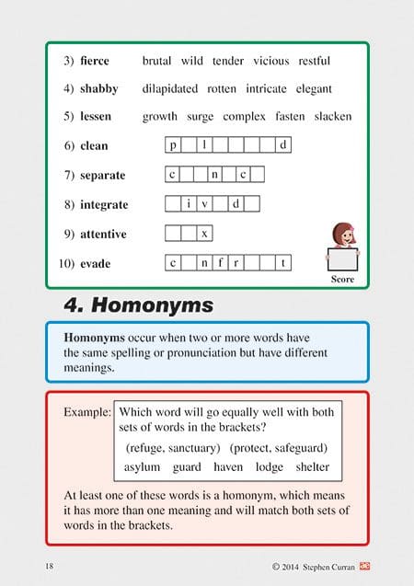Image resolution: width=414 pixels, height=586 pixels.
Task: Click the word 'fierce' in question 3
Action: coord(95,62)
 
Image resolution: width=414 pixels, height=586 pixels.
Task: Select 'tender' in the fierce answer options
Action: coord(228,62)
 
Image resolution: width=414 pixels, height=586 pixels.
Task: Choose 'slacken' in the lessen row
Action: coord(333,117)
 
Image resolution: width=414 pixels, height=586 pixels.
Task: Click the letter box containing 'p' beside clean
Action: coord(174,145)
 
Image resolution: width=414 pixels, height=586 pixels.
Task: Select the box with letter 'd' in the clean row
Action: coord(283,145)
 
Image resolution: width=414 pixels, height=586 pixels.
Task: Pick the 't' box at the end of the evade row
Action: coord(283,264)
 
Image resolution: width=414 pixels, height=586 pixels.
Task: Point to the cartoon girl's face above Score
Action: coord(341,235)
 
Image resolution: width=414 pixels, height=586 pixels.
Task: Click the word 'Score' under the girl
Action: coord(342,278)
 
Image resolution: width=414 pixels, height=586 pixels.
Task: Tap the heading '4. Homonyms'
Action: coord(138,304)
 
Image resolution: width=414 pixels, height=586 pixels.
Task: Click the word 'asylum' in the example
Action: coord(143,467)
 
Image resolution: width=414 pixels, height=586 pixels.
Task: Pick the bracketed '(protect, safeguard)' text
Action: coord(279,448)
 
